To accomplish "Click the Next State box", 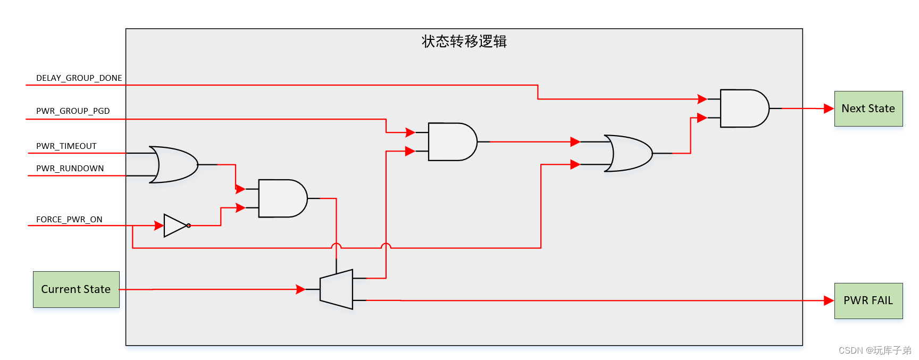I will [x=868, y=108].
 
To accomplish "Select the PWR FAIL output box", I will [x=868, y=300].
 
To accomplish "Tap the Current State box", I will [x=76, y=289].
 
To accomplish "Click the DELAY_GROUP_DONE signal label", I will [x=79, y=78].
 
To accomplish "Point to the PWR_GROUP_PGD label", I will [x=73, y=111].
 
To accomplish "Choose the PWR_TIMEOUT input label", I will [x=66, y=146].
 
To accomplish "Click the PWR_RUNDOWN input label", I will [x=70, y=169].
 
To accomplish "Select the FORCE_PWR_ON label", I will [x=69, y=220].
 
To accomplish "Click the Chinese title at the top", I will [x=464, y=41].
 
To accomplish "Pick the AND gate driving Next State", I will [x=743, y=108].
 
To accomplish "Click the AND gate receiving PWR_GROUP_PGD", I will [x=452, y=142].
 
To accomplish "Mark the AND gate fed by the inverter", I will [x=282, y=198].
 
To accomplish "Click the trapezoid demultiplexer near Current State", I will [x=337, y=289].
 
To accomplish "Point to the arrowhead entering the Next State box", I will [x=829, y=108].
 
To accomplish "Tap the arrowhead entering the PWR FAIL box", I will [x=829, y=300].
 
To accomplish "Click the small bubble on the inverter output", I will [x=189, y=225].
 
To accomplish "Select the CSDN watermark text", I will [x=874, y=350].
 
